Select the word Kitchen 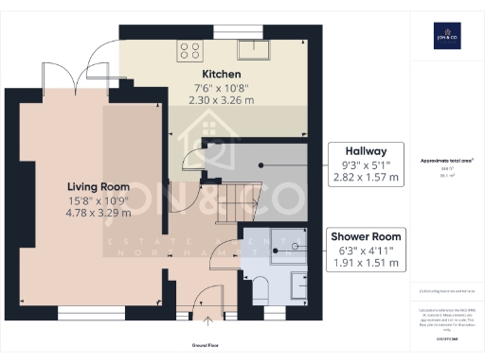221,74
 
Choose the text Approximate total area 444,162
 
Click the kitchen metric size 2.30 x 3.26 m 221,99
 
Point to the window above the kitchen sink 230,31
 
